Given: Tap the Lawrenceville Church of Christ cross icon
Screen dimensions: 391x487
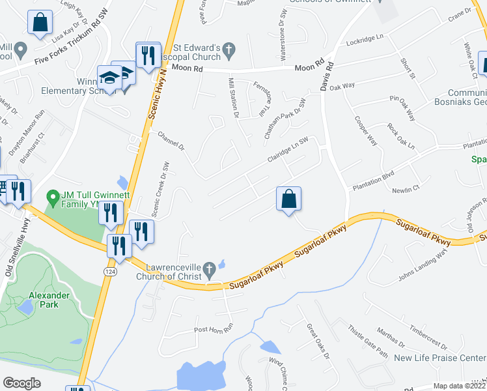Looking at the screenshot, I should pyautogui.click(x=209, y=268).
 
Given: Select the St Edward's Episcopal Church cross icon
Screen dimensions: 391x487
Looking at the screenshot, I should pyautogui.click(x=228, y=49).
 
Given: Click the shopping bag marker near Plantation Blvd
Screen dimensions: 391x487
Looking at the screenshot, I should pyautogui.click(x=289, y=199).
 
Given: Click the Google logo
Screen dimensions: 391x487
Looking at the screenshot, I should pyautogui.click(x=21, y=383).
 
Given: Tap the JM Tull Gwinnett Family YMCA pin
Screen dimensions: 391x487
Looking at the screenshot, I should pyautogui.click(x=52, y=195).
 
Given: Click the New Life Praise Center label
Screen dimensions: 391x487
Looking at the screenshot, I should pyautogui.click(x=440, y=358).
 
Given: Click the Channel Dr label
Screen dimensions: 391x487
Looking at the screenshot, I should pyautogui.click(x=172, y=139).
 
